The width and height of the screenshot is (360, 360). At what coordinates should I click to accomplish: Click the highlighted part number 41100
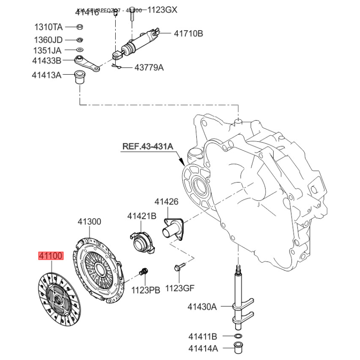click(52, 256)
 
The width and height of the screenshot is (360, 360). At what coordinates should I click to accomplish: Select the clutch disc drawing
click(59, 297)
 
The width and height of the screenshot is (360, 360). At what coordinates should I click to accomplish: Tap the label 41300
click(89, 221)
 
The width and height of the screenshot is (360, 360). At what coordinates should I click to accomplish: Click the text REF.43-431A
click(148, 146)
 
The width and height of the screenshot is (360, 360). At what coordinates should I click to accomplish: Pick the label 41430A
click(202, 307)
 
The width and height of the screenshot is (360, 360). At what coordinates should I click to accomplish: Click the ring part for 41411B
click(237, 337)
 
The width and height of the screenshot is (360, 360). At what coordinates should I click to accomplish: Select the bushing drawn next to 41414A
click(237, 347)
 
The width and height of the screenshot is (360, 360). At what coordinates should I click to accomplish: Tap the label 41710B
click(189, 33)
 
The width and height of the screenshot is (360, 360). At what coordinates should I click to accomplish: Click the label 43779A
click(149, 68)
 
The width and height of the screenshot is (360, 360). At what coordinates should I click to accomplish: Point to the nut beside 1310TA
click(79, 26)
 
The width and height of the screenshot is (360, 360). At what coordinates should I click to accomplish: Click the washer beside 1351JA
click(79, 49)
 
